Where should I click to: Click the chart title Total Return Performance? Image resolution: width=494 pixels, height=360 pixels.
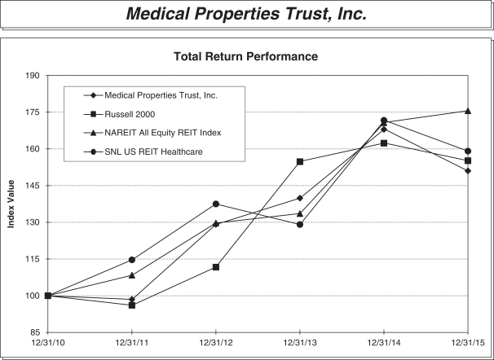coord(245,57)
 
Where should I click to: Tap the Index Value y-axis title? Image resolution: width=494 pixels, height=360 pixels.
coord(12,204)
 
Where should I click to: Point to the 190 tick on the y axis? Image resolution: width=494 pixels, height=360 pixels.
coord(33,76)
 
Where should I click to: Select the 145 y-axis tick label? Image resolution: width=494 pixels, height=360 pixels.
coord(33,186)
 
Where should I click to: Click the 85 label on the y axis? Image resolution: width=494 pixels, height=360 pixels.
coord(36,332)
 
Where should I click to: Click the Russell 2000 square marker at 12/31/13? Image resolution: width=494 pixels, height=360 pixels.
coord(300,161)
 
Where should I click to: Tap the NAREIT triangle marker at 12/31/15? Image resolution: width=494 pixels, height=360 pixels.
coord(467,111)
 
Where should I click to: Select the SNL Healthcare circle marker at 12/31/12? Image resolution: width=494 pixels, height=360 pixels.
coord(216,204)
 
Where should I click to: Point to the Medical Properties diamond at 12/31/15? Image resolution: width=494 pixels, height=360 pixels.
coord(467,171)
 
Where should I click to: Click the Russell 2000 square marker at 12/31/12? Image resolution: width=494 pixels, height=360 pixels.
coord(216,267)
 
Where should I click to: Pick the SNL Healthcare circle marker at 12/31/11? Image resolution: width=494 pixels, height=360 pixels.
coord(132,260)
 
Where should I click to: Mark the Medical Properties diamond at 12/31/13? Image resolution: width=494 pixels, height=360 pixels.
coord(300,198)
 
